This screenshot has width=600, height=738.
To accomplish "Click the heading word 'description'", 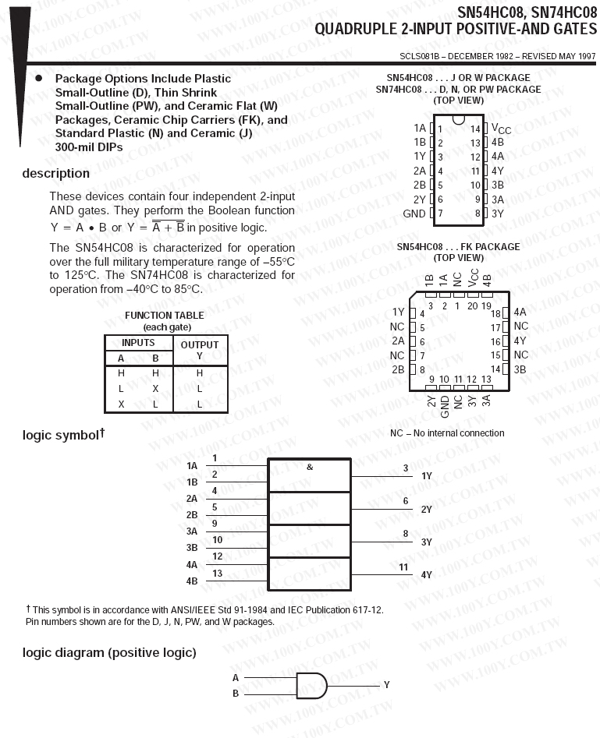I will (x=55, y=173).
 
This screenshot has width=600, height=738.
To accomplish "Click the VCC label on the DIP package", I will (x=501, y=129).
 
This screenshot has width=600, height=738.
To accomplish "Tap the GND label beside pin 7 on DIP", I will (x=414, y=214).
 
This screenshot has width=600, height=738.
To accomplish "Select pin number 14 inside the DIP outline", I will (x=475, y=129).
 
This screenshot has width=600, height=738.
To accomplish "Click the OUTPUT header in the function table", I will (x=200, y=344).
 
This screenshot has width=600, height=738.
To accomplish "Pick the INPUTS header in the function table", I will (x=138, y=343).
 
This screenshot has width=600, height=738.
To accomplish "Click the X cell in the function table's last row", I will (x=121, y=404).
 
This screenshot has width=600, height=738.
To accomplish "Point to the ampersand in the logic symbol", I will (x=310, y=467).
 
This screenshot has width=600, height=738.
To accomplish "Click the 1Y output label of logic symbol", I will (x=427, y=475).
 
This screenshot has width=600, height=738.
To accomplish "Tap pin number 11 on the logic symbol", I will (x=403, y=567).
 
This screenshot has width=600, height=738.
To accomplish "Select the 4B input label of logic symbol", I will (x=192, y=581).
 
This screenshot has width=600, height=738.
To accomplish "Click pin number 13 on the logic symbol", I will (x=218, y=573).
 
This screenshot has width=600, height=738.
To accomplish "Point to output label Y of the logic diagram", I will (x=386, y=684).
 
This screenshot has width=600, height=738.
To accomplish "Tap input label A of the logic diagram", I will (x=236, y=678).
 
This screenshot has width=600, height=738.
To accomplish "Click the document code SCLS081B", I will (x=420, y=56).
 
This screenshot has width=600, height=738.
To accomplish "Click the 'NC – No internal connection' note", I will (x=447, y=433).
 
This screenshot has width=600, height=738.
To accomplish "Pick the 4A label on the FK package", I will (x=520, y=313).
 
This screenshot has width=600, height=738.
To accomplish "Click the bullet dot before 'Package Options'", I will (x=38, y=78).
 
